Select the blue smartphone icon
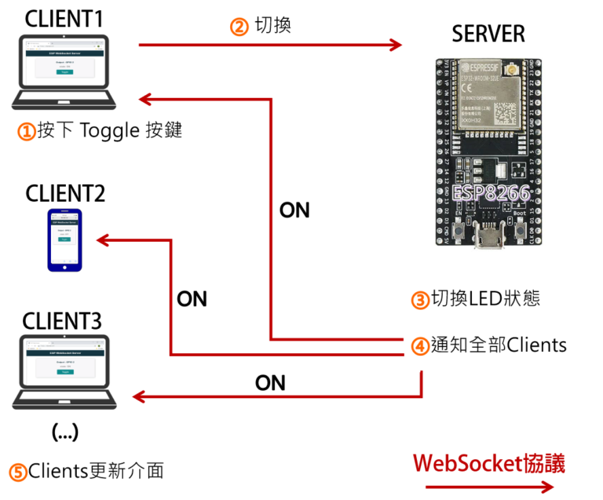click(x=64, y=240)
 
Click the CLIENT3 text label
click(x=62, y=322)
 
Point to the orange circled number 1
click(x=27, y=131)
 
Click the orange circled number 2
click(x=239, y=27)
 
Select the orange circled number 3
click(x=421, y=300)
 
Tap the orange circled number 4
click(x=421, y=345)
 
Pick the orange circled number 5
click(x=18, y=473)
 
